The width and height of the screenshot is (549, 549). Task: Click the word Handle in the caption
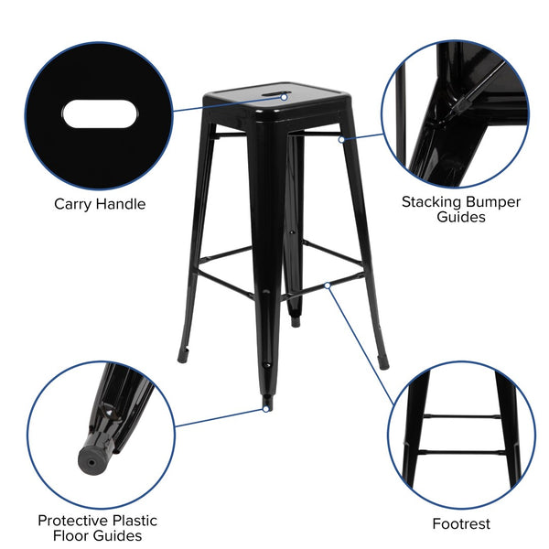(x=122, y=204)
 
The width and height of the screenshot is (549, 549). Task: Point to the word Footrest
(x=461, y=524)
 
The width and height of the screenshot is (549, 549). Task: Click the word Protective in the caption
(x=78, y=520)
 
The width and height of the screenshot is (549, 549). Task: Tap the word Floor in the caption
(x=72, y=535)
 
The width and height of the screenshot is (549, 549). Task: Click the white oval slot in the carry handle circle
(x=101, y=116)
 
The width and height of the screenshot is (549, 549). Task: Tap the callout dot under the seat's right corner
(x=340, y=140)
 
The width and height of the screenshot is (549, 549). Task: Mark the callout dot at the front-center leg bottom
(x=265, y=409)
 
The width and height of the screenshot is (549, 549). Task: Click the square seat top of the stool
(x=274, y=101)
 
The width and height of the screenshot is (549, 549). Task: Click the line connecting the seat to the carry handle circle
(x=229, y=103)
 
